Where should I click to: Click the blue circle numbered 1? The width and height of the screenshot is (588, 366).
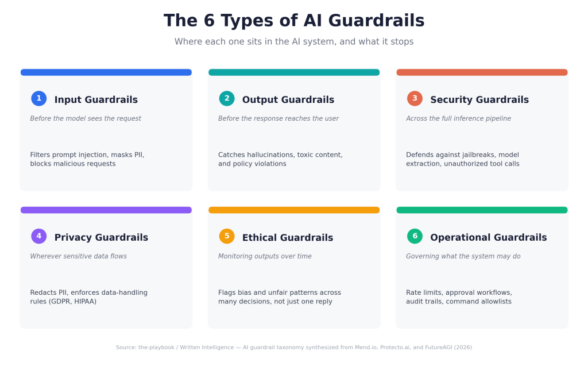pos(38,98)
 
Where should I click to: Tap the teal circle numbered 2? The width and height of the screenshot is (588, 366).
pos(227,98)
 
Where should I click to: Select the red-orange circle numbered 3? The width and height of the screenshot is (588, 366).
pos(415,98)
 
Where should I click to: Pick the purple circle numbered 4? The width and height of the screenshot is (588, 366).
pos(38,236)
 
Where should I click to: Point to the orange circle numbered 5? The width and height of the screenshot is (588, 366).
pos(227,236)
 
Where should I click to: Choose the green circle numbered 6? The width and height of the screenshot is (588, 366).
pos(415,236)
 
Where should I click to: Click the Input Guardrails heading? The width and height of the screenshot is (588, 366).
pos(96,99)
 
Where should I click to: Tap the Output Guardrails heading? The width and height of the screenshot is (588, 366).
pos(288,99)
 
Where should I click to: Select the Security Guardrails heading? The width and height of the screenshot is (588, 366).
pos(479,99)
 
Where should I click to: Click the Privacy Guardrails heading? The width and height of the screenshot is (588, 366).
pos(101,237)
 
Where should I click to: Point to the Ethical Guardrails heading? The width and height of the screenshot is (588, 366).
pos(288,237)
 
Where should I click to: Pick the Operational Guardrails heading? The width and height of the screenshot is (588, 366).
pos(488,237)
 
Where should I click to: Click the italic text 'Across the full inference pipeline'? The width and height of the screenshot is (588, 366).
pos(458,118)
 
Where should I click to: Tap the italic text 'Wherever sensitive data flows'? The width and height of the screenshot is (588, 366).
pos(78,256)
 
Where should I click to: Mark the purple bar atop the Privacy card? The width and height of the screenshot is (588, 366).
pos(106,210)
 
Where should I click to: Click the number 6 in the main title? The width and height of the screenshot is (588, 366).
pos(209,20)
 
